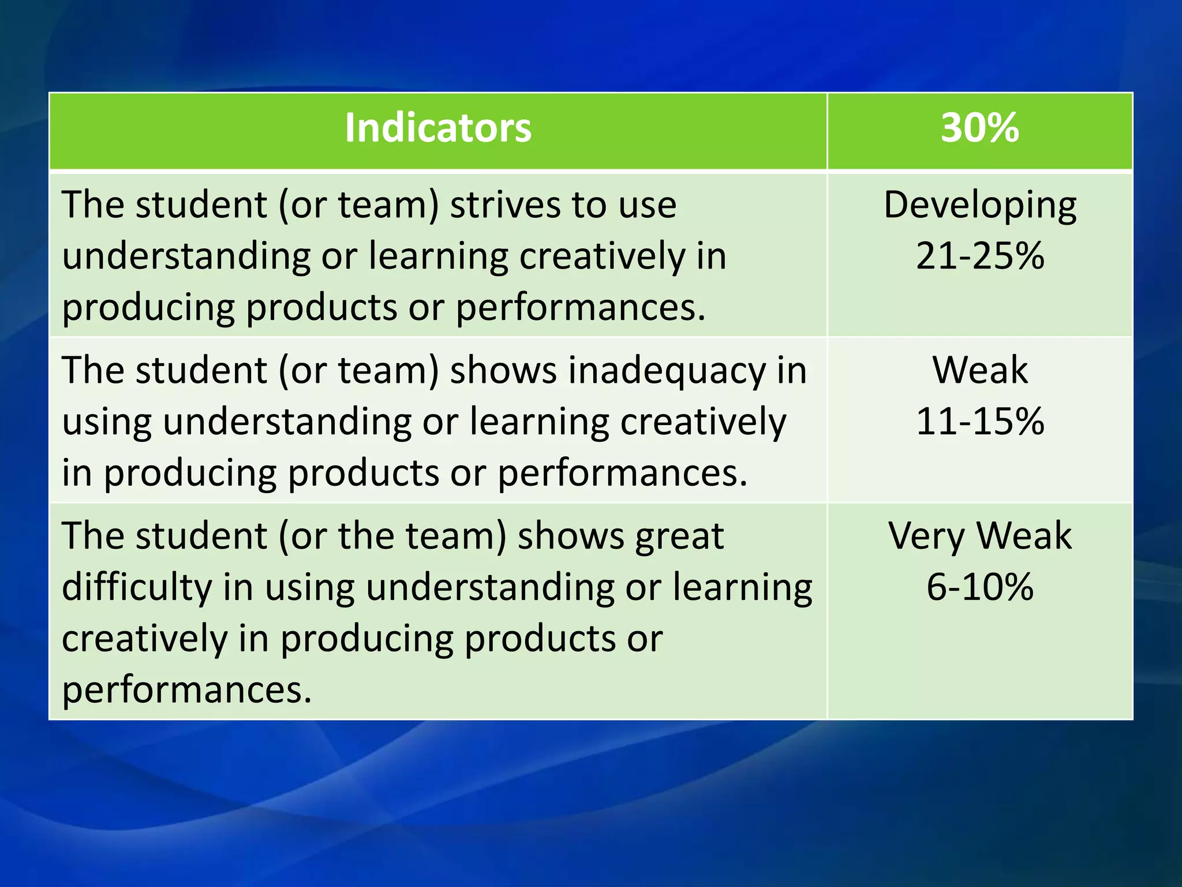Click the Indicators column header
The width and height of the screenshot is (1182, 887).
(x=437, y=128)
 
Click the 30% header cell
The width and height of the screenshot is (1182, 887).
(x=979, y=128)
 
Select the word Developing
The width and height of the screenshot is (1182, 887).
(x=979, y=206)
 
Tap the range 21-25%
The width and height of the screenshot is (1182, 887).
(x=979, y=256)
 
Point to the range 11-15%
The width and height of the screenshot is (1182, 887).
(x=979, y=421)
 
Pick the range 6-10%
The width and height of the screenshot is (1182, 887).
(x=979, y=587)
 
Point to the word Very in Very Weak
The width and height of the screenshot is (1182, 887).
(x=926, y=536)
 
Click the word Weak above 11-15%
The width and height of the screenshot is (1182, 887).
(x=979, y=370)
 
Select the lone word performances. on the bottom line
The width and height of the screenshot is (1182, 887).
(x=186, y=690)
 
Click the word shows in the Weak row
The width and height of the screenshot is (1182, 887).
(x=503, y=370)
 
